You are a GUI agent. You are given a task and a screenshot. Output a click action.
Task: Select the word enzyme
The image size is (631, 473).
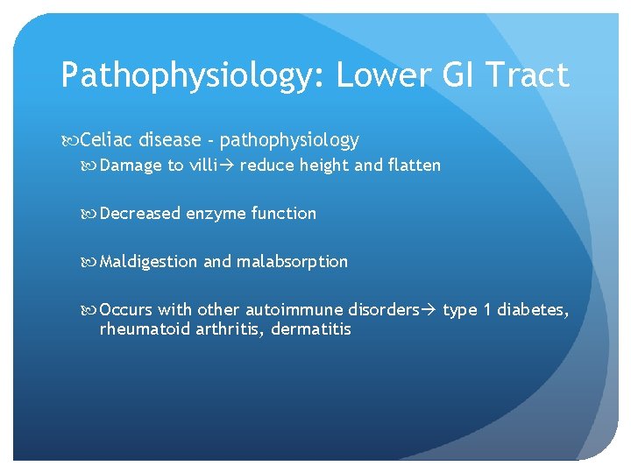click(216, 214)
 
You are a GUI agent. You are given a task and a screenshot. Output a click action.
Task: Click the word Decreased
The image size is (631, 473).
click(141, 214)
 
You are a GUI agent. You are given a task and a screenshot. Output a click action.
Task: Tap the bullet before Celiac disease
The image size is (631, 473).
click(69, 141)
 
